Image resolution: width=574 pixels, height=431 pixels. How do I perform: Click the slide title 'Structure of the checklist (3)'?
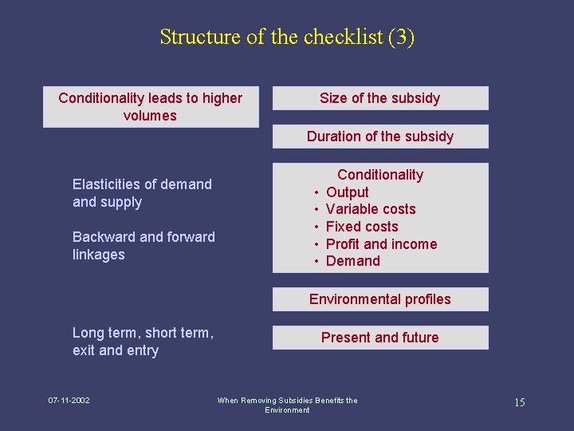click(287, 37)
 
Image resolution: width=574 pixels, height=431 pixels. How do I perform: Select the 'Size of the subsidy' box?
click(380, 98)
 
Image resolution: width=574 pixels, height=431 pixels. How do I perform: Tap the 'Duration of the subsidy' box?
click(380, 136)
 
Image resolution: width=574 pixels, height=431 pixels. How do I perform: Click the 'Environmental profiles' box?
click(380, 299)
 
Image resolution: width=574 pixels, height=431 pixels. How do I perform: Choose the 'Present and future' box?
click(380, 338)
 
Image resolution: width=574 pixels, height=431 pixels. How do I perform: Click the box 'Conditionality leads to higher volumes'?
click(151, 107)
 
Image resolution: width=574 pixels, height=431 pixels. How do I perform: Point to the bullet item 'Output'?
click(348, 192)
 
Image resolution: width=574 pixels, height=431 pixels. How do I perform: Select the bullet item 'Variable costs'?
click(371, 209)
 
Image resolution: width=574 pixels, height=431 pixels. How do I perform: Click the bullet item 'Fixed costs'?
click(362, 227)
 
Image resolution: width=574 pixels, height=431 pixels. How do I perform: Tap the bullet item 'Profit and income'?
click(381, 244)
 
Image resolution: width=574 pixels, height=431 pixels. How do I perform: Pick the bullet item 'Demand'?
click(353, 261)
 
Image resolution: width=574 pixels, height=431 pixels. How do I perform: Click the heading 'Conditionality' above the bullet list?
click(380, 175)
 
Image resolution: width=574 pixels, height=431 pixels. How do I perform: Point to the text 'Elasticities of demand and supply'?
click(142, 193)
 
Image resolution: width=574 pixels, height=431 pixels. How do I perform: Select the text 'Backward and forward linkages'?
click(143, 246)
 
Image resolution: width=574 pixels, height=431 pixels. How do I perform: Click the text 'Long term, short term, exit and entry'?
click(143, 342)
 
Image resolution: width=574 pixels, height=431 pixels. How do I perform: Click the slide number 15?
click(519, 402)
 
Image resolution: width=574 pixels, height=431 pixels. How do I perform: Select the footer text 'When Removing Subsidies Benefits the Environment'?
click(287, 405)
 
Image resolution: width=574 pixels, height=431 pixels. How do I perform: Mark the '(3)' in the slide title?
click(401, 37)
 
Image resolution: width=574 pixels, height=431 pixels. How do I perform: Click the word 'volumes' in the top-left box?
click(150, 116)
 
